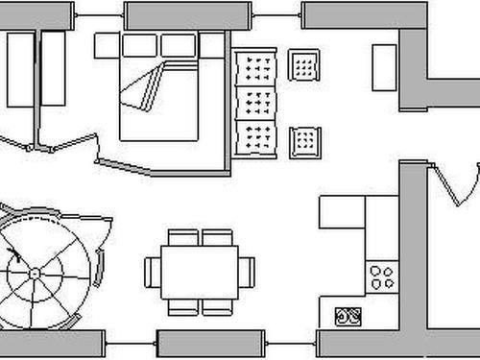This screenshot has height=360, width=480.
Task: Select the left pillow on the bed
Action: point(139,44)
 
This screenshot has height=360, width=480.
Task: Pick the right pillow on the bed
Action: point(178,44)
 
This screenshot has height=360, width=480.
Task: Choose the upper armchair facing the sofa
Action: point(303,65)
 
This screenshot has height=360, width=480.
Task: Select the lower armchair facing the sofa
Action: point(303,140)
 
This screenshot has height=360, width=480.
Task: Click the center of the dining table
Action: point(200,272)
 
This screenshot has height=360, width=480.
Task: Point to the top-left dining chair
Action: point(182,237)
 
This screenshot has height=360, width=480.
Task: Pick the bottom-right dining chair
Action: point(217,307)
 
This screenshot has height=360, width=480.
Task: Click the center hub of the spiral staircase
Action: point(35,274)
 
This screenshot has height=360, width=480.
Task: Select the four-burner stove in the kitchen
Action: point(381,276)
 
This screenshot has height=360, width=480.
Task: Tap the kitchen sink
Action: point(347,314)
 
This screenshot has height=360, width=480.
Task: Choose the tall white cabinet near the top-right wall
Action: point(385,66)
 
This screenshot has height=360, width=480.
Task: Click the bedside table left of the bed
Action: point(106,44)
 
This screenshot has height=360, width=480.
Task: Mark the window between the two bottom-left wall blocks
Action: point(131,342)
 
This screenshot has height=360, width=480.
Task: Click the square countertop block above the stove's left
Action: point(341,212)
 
